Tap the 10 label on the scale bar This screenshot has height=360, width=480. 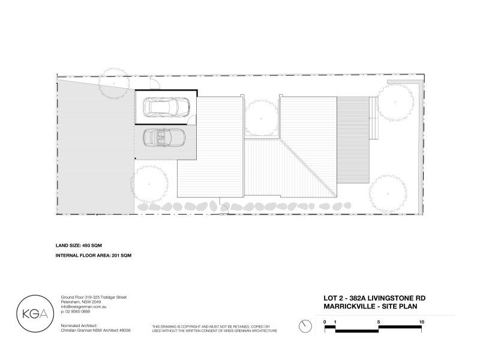click(x=422, y=322)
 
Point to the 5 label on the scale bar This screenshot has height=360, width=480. click(x=379, y=322)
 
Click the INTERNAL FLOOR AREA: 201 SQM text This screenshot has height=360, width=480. click(x=92, y=256)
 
